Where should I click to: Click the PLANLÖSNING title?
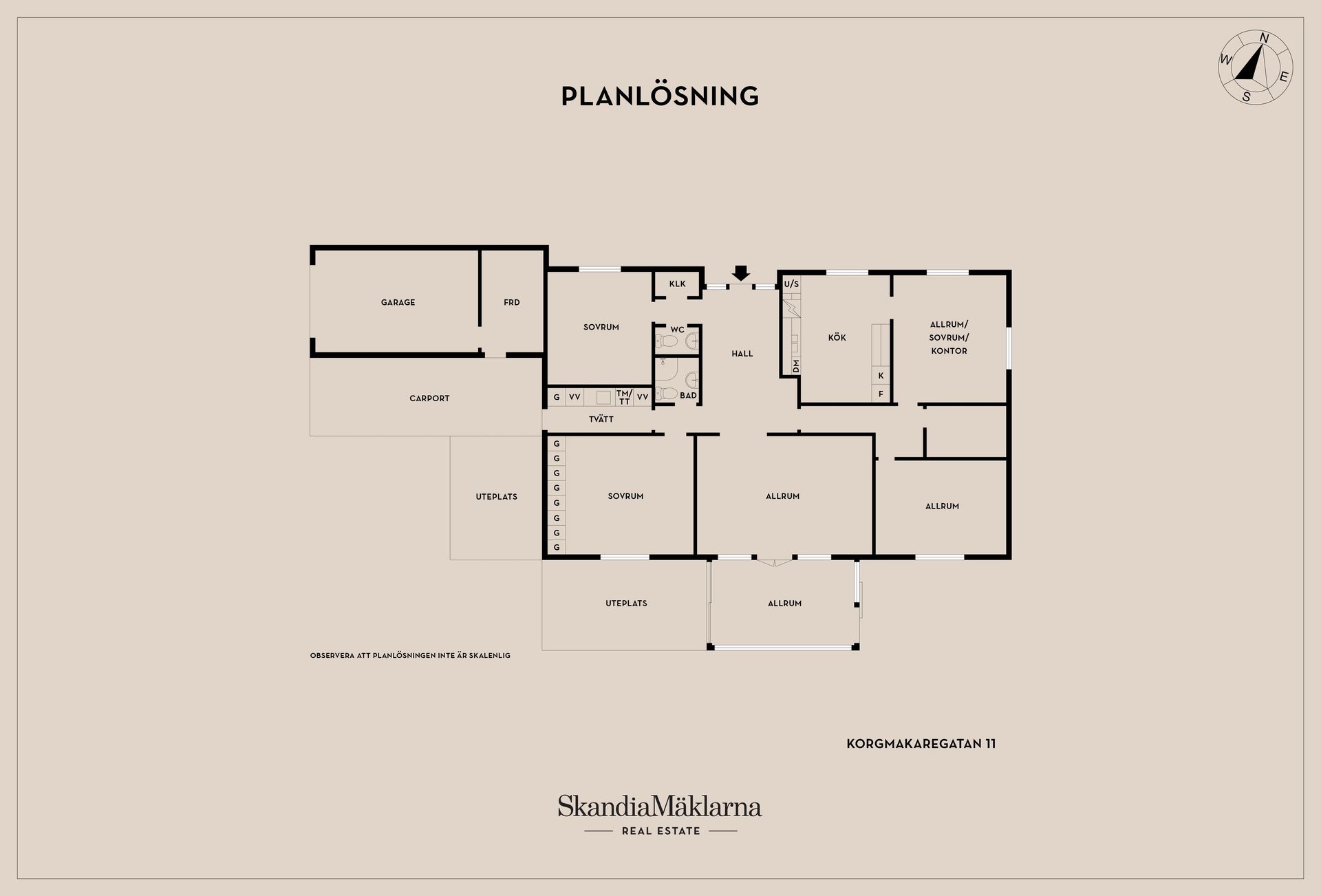coord(660,96)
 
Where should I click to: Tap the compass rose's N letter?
coord(1264,39)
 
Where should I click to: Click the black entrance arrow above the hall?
coord(740,273)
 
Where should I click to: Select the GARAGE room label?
coord(398,302)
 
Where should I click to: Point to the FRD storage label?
coord(511,302)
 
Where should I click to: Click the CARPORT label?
coord(429,398)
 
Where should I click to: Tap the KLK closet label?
coord(677,284)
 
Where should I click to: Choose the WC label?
coord(677,330)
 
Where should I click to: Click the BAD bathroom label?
coord(688,396)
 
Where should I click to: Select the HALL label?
coord(742,354)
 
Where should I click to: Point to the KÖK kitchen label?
coord(837,337)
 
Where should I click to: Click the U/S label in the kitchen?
coord(791,284)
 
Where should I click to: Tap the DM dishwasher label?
coord(796,366)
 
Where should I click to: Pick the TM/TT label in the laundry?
coord(624,397)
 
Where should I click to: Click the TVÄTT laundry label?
coord(601,419)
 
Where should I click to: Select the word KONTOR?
coord(949,351)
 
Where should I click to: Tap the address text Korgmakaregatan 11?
coord(921,744)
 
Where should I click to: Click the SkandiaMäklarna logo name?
coord(660,807)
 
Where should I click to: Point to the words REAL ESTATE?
coord(660,831)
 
